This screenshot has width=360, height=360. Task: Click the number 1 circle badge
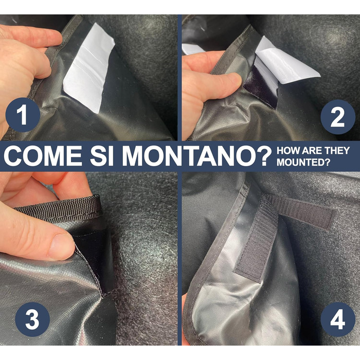(x=23, y=115)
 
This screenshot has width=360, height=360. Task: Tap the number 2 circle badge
(x=338, y=117)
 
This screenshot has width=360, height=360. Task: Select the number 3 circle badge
(x=32, y=319)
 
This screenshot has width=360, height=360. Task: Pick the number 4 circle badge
(x=338, y=319)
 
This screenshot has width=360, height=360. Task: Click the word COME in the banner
(x=43, y=156)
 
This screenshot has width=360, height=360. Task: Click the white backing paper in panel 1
(x=89, y=69)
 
